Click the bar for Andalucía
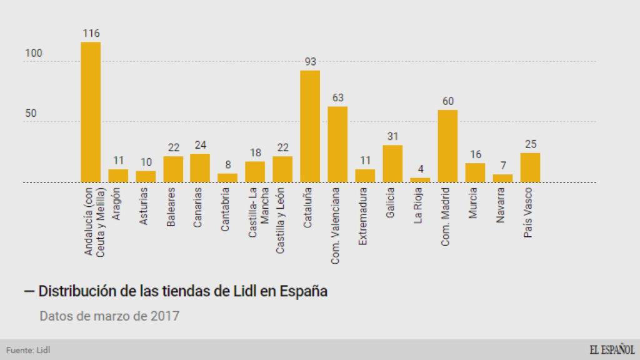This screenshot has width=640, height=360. tap(91, 112)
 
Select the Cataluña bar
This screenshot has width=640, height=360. tap(310, 126)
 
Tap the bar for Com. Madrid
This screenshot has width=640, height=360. tap(447, 146)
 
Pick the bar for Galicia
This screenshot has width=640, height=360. tap(392, 164)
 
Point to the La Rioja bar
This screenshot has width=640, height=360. tap(420, 180)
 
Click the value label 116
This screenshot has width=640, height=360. tap(91, 33)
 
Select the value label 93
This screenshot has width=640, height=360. tap(310, 61)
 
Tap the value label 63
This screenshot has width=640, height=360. tap(337, 97)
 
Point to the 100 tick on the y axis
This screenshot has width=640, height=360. tap(34, 54)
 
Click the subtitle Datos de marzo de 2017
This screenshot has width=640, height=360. tap(109, 316)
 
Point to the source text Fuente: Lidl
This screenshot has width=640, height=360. tap(28, 350)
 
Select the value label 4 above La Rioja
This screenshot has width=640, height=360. tap(420, 169)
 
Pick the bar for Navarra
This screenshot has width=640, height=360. tap(502, 179)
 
